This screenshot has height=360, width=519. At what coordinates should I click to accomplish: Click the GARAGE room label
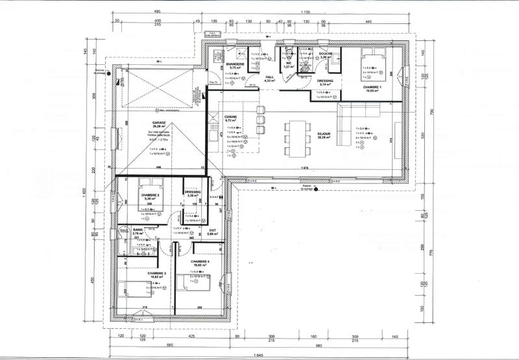[x=159, y=123]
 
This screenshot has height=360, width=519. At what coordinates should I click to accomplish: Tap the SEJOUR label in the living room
[x=324, y=134]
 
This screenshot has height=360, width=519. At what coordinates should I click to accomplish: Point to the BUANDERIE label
[x=235, y=64]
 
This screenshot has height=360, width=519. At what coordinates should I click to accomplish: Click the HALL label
[x=271, y=77]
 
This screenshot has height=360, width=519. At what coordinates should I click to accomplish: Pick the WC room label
[x=289, y=64]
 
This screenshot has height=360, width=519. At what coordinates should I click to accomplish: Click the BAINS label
[x=138, y=230]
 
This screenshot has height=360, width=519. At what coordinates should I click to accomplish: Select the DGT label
[x=212, y=230]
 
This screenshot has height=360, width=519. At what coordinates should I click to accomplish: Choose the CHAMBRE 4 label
[x=200, y=261]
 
